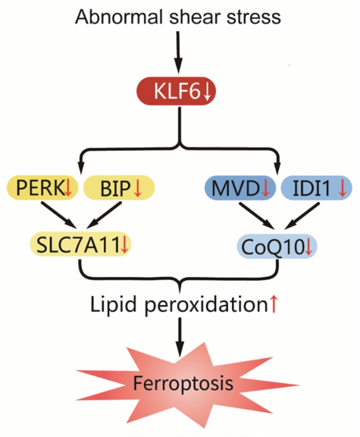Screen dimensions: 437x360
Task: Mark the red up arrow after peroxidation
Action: [274, 304]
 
